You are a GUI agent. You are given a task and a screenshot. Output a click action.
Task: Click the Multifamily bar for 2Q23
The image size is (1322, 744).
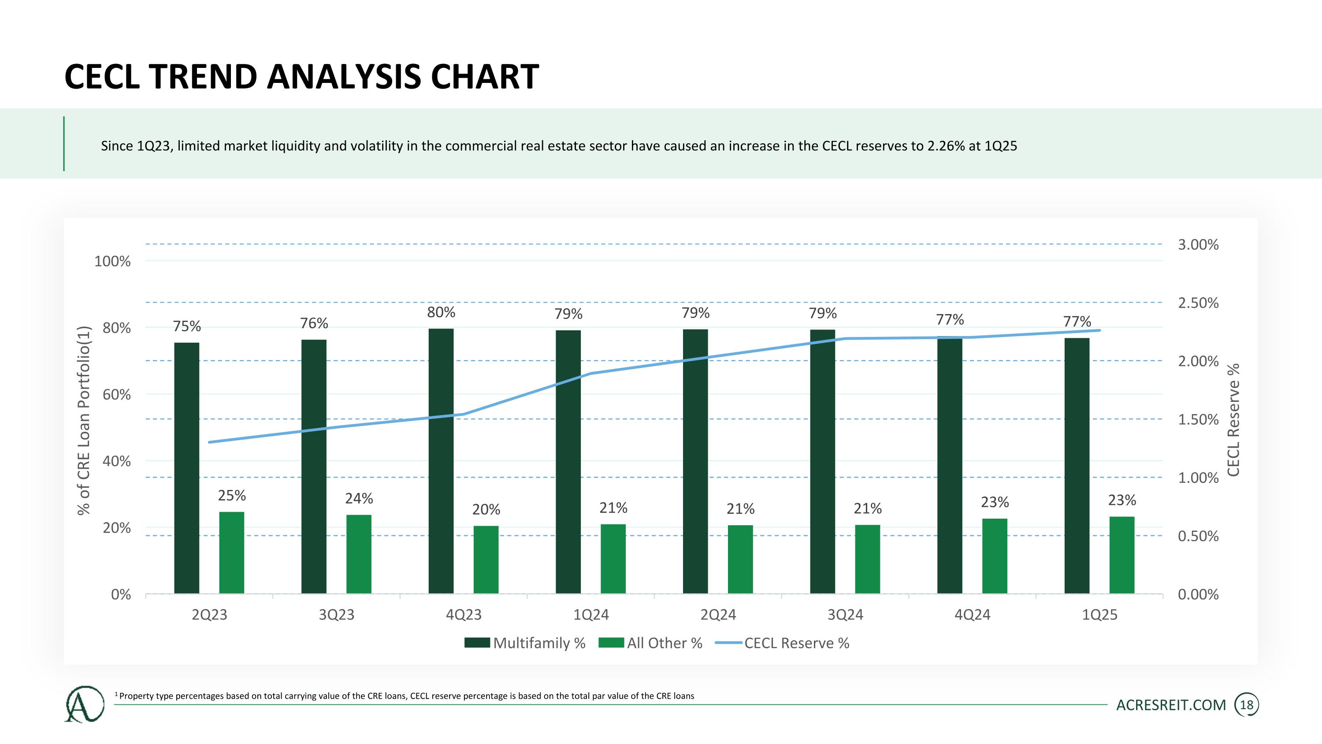click(187, 468)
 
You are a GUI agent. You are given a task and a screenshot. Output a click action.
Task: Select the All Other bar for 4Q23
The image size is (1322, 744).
click(486, 560)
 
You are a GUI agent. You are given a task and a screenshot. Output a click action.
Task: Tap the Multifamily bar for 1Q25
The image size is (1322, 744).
click(1077, 466)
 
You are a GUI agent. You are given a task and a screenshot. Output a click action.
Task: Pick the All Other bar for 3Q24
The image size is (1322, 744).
click(867, 559)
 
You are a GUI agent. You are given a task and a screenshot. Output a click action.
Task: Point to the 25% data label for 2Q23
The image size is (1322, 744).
click(232, 496)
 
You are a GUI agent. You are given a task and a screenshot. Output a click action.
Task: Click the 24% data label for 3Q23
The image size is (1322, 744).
click(359, 498)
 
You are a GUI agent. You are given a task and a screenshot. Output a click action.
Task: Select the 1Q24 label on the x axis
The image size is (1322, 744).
click(590, 615)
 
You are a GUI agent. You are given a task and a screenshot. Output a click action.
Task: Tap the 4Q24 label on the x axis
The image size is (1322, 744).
click(973, 615)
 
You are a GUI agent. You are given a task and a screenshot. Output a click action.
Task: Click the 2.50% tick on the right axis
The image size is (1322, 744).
click(1198, 303)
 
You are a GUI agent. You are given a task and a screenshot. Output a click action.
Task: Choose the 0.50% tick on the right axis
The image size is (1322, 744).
click(1198, 536)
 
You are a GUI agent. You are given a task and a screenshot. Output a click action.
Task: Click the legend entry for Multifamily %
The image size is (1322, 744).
click(525, 643)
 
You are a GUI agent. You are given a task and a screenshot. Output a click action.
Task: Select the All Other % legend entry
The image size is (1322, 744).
click(650, 643)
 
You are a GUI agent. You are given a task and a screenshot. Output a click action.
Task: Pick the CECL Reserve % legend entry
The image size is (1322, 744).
click(782, 643)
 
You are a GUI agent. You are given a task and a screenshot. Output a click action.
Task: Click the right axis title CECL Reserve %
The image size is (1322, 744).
click(1234, 419)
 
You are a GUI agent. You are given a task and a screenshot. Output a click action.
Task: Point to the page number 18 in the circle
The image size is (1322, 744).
click(1247, 705)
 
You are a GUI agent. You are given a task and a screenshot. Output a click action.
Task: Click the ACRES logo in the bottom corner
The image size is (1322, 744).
click(84, 704)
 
